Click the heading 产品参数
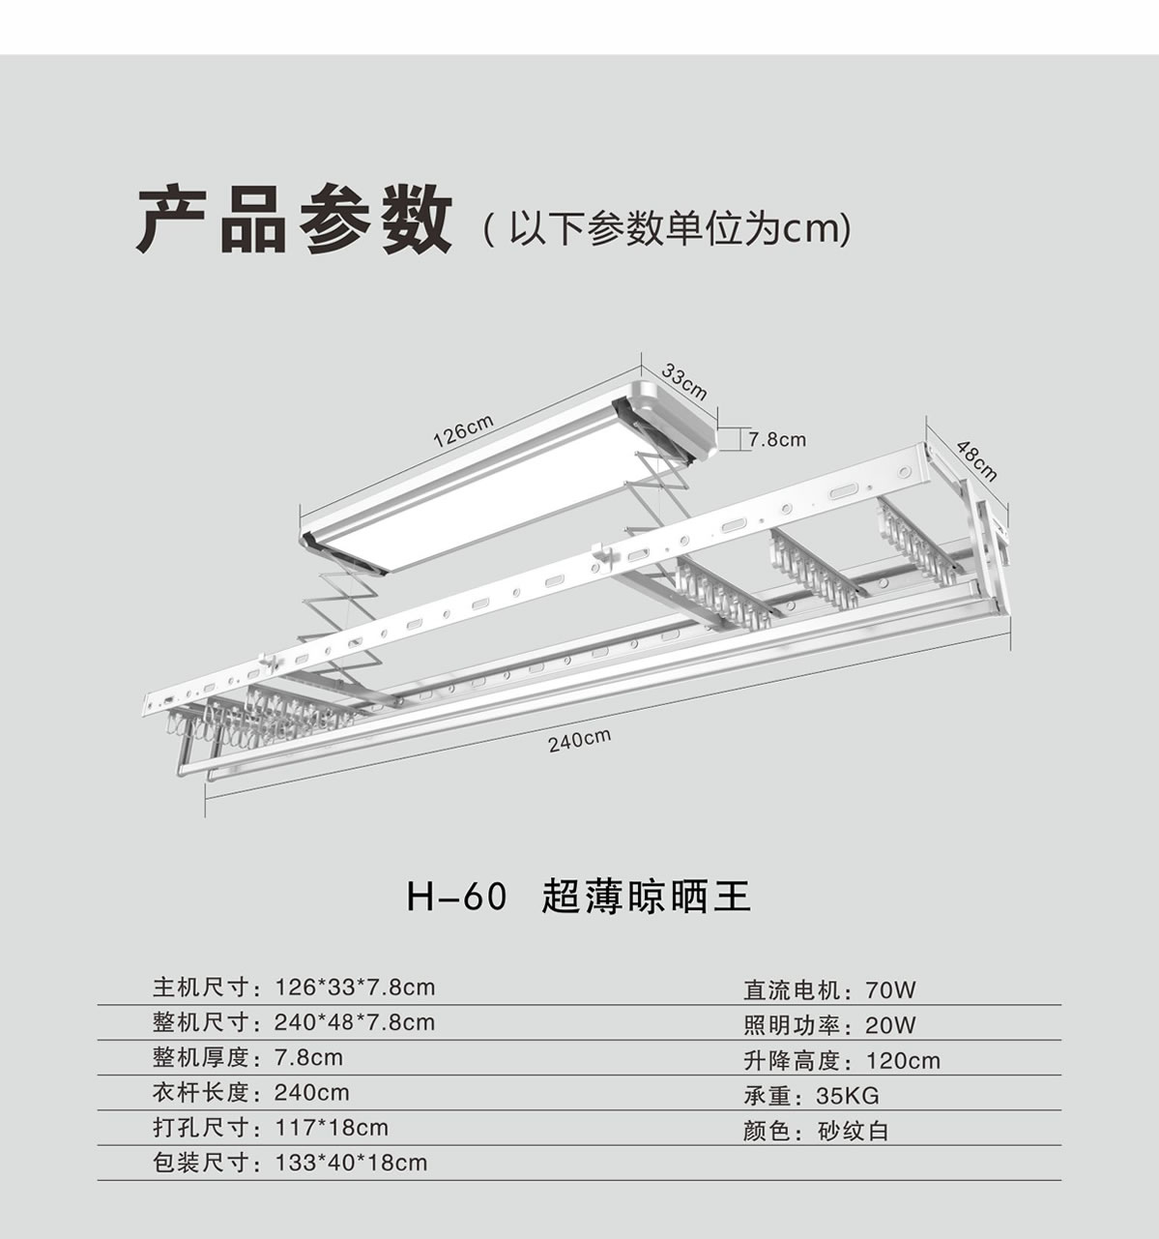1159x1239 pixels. [x=294, y=221]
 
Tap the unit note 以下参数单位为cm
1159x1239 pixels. [x=667, y=230]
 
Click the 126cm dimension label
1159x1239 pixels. [x=463, y=430]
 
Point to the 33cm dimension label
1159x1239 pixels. [x=684, y=381]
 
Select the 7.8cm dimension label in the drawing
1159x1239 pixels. [x=776, y=440]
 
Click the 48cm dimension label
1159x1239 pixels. [x=976, y=459]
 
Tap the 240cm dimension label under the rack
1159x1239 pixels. [x=579, y=741]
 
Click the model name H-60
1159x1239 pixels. [x=456, y=897]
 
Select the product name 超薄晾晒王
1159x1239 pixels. [x=647, y=897]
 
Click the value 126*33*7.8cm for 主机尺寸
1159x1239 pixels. [x=355, y=988]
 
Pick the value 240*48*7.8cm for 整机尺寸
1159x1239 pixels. [x=355, y=1022]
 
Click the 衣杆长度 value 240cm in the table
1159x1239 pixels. [x=311, y=1093]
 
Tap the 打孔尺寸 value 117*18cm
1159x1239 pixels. [x=332, y=1128]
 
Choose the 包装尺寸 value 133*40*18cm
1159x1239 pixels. [x=351, y=1163]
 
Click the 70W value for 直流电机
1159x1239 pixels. [x=890, y=989]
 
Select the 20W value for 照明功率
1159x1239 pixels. [x=890, y=1025]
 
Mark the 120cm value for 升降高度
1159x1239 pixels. [x=903, y=1061]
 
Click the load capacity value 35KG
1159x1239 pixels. [x=848, y=1096]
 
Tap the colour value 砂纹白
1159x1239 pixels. [x=853, y=1131]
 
